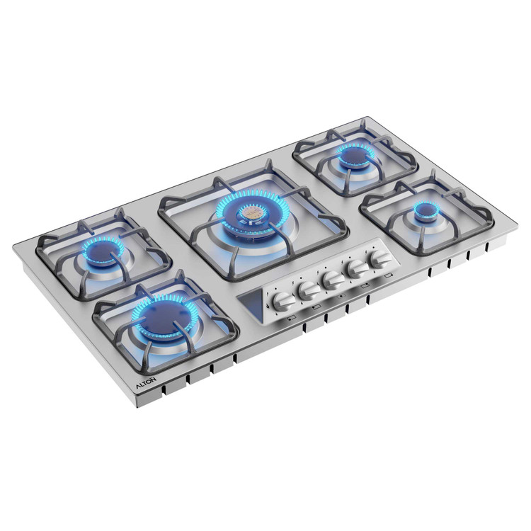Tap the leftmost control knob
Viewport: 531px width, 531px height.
click(283, 302)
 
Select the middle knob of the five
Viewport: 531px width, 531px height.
click(333, 280)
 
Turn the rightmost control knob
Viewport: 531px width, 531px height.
click(381, 260)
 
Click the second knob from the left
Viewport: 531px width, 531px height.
click(309, 290)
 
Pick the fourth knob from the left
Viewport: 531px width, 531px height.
click(358, 270)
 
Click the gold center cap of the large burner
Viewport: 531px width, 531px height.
click(251, 213)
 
